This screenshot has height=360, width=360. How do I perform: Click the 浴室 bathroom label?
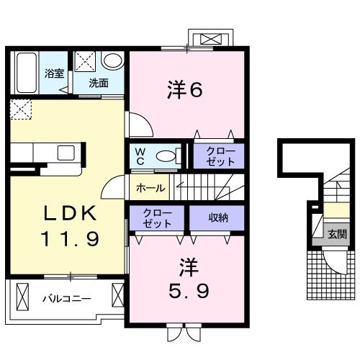54,73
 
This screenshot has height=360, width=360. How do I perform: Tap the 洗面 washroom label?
99,83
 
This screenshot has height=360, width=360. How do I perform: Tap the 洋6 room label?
184,91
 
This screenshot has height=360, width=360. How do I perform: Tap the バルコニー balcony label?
66,298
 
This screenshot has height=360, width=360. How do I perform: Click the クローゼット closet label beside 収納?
157,217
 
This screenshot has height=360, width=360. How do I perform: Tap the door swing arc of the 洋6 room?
143,125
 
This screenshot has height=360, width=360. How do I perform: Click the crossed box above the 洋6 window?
210,38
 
